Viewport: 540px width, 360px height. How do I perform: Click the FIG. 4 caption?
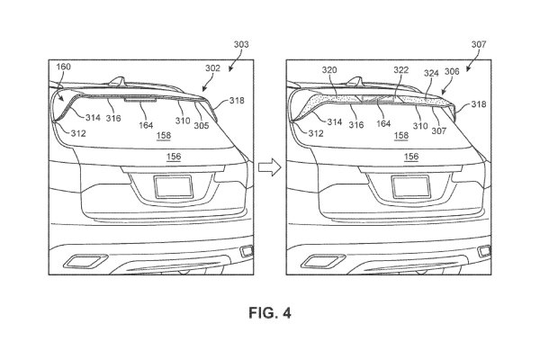tap(269, 315)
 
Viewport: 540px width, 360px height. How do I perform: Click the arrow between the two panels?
tap(267, 166)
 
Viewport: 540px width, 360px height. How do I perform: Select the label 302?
tap(212, 67)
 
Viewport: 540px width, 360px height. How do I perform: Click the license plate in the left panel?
tap(171, 187)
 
